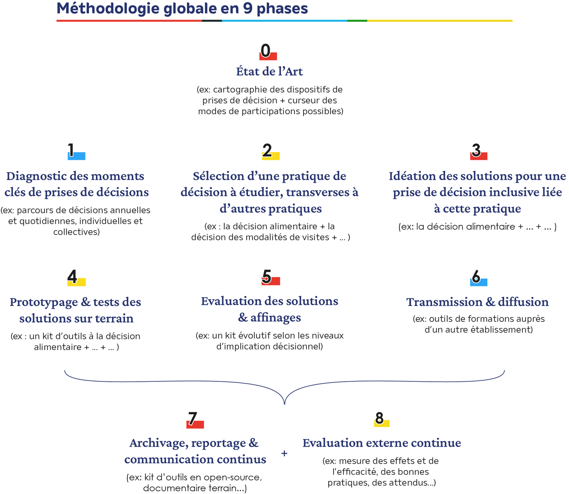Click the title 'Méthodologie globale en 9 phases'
(182, 8)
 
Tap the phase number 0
(266, 51)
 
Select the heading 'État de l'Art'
(269, 71)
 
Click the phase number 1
(71, 151)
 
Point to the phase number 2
(267, 151)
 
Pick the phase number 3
(476, 151)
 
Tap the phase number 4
(72, 277)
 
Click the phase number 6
(476, 277)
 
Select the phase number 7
(193, 419)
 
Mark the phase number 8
(379, 418)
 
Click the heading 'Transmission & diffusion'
(478, 302)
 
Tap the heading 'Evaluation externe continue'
(382, 443)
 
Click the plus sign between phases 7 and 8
(284, 453)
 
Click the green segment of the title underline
(357, 20)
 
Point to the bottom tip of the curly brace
(284, 403)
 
